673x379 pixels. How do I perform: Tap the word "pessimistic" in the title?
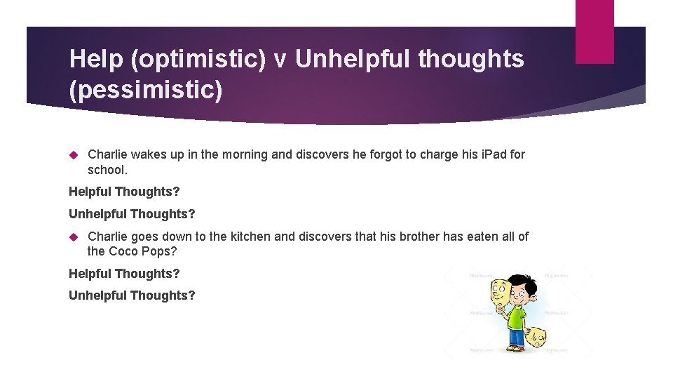click(x=145, y=91)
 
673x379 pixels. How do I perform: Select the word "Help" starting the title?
click(x=96, y=60)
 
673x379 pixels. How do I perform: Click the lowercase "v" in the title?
click(x=280, y=61)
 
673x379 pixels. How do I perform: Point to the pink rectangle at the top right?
click(x=594, y=32)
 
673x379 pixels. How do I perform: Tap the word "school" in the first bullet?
click(x=105, y=170)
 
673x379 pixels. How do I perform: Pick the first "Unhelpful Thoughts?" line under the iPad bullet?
click(x=132, y=213)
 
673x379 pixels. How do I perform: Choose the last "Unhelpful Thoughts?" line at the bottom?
click(x=132, y=295)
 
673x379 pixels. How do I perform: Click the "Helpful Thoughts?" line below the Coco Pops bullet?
click(x=124, y=274)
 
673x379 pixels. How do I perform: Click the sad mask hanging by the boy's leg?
click(x=537, y=338)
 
